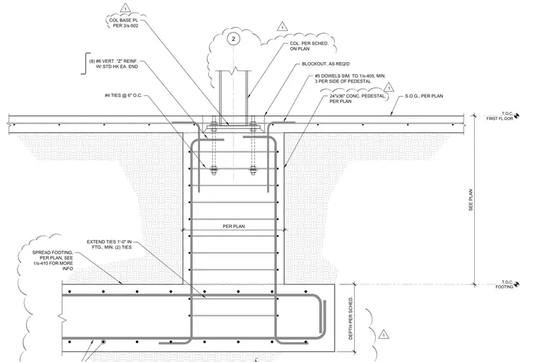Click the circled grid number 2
pyautogui.click(x=234, y=39)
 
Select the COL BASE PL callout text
pyautogui.click(x=124, y=23)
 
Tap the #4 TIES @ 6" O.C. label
pyautogui.click(x=123, y=95)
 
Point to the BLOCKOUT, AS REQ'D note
pyautogui.click(x=326, y=64)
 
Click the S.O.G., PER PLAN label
pyautogui.click(x=424, y=96)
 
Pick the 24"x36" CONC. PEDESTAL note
pyautogui.click(x=358, y=99)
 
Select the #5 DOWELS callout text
pyautogui.click(x=350, y=79)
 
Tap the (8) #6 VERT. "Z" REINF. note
pyautogui.click(x=114, y=64)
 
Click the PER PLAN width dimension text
pyautogui.click(x=234, y=227)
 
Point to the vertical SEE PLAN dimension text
pyautogui.click(x=471, y=200)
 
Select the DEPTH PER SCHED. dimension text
pyautogui.click(x=350, y=318)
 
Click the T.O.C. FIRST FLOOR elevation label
pyautogui.click(x=500, y=116)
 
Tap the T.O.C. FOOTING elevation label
pyautogui.click(x=504, y=284)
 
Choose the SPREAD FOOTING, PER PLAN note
pyautogui.click(x=53, y=260)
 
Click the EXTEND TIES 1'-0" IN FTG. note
pyautogui.click(x=110, y=244)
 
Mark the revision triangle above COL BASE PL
pyautogui.click(x=125, y=8)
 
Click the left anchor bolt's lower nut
pyautogui.click(x=213, y=169)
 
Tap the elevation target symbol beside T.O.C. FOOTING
pyautogui.click(x=517, y=284)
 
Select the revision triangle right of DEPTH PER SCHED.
pyautogui.click(x=384, y=334)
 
